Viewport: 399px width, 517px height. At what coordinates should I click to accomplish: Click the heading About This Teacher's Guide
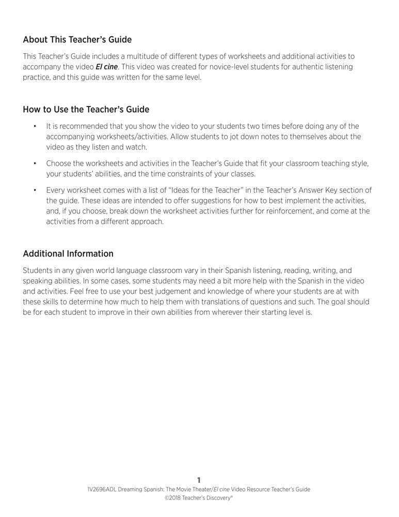click(77, 39)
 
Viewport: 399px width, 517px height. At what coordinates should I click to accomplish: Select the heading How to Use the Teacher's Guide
click(86, 109)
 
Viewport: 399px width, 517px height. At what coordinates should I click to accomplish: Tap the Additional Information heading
click(68, 253)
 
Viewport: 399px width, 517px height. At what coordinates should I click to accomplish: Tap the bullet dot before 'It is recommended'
click(34, 126)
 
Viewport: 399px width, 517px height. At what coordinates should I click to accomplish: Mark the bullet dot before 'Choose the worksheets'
click(34, 163)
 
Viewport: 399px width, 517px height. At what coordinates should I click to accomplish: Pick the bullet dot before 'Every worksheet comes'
click(34, 190)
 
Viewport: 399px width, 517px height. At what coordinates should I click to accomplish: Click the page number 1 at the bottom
click(199, 480)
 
